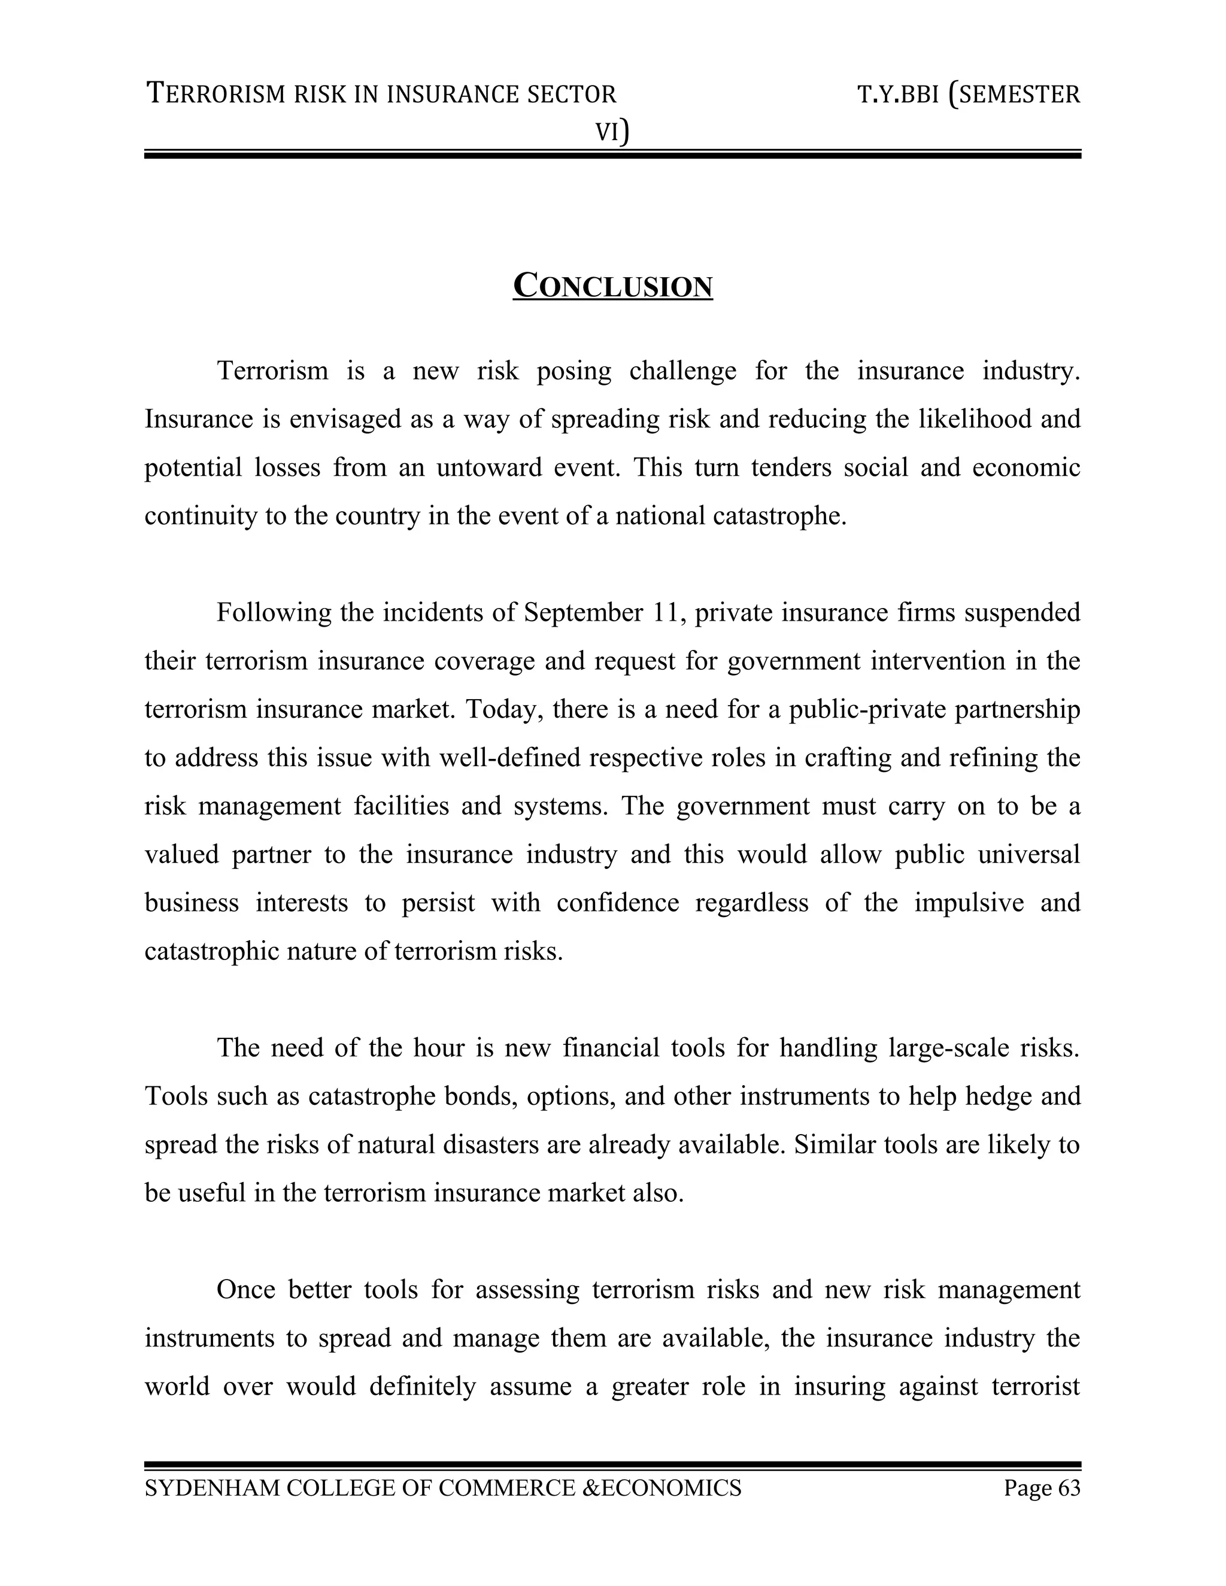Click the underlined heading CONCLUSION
[x=612, y=286]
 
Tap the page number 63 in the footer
[x=1069, y=1488]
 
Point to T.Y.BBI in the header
[x=899, y=95]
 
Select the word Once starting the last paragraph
[x=245, y=1290]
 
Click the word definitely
[x=422, y=1386]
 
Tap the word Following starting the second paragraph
[x=272, y=613]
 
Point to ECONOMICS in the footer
[x=670, y=1488]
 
